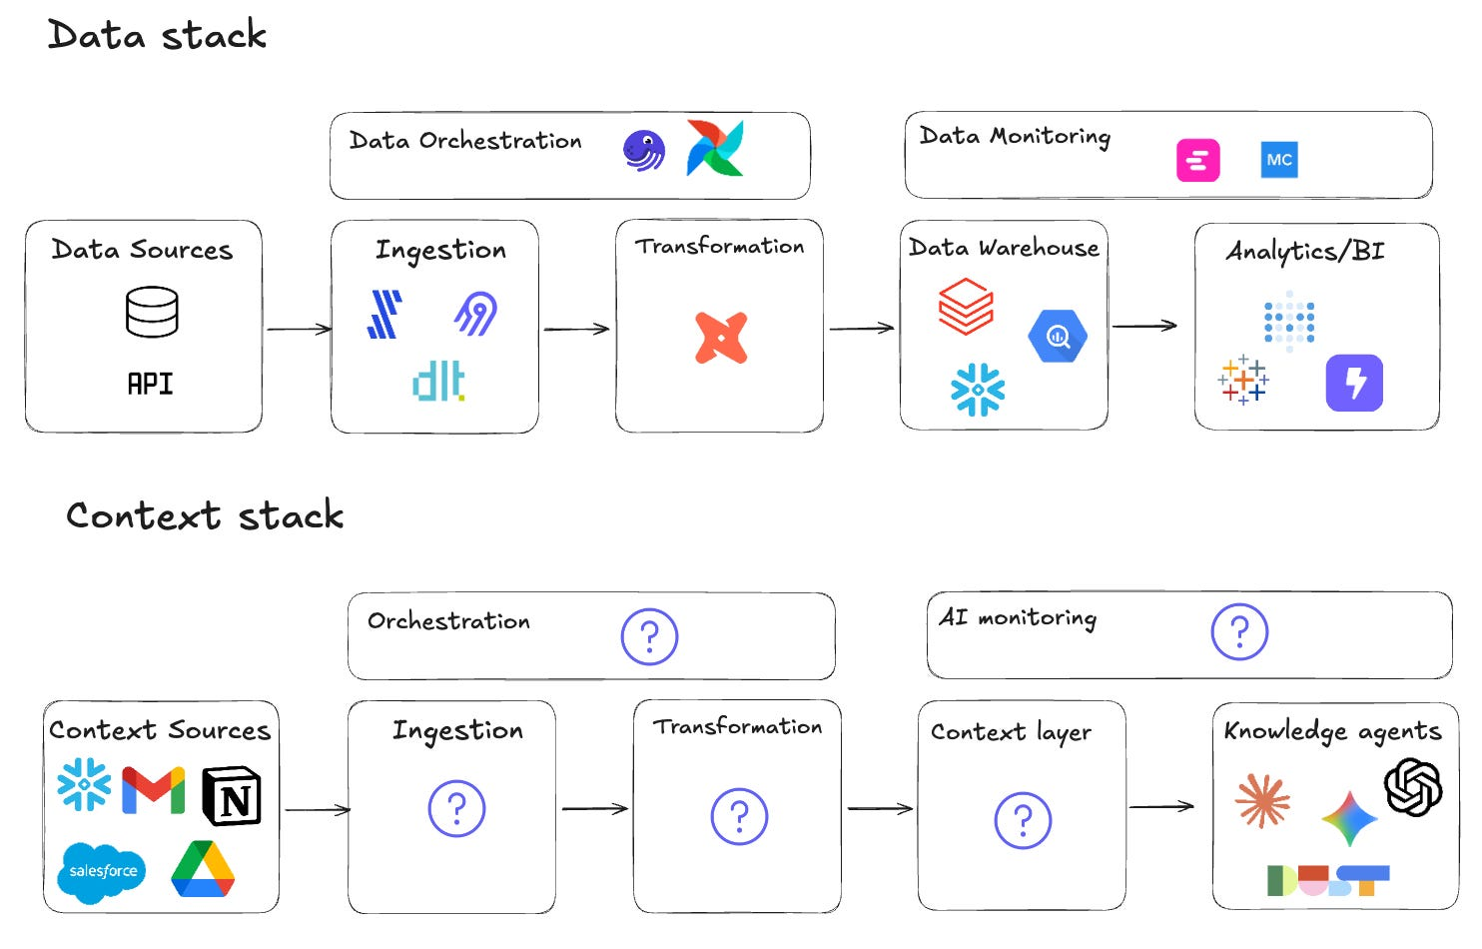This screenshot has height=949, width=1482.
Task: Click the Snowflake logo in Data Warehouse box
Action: [978, 389]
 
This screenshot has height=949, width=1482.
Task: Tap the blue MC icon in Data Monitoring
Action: [1278, 160]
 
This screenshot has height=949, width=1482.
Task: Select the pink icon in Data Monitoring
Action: [1197, 160]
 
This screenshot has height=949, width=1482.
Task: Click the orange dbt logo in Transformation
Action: [721, 337]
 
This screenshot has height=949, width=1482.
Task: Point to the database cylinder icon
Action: [152, 312]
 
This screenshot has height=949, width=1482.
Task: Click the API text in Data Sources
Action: [150, 384]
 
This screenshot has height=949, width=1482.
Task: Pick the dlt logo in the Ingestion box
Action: [438, 382]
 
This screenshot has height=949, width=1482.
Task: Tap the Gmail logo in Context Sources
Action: [153, 790]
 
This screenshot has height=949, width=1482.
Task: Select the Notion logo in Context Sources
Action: [232, 796]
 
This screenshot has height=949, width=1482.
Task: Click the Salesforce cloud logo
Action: [103, 872]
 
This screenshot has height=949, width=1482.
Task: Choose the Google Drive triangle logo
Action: [203, 869]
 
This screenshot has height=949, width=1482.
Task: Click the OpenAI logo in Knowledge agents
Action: [1412, 786]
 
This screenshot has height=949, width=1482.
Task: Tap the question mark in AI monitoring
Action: [1239, 632]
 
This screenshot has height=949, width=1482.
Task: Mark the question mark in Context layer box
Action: [1023, 821]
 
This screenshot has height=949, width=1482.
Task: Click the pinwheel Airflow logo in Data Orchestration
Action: [715, 148]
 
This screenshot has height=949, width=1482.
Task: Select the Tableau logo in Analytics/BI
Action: [1242, 380]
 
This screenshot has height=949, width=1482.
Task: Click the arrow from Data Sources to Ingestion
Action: [298, 329]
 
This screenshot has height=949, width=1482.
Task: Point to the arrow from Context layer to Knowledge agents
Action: [1161, 806]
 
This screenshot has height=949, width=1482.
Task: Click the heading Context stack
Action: [205, 515]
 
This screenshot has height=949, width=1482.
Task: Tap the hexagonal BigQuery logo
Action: [1058, 337]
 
